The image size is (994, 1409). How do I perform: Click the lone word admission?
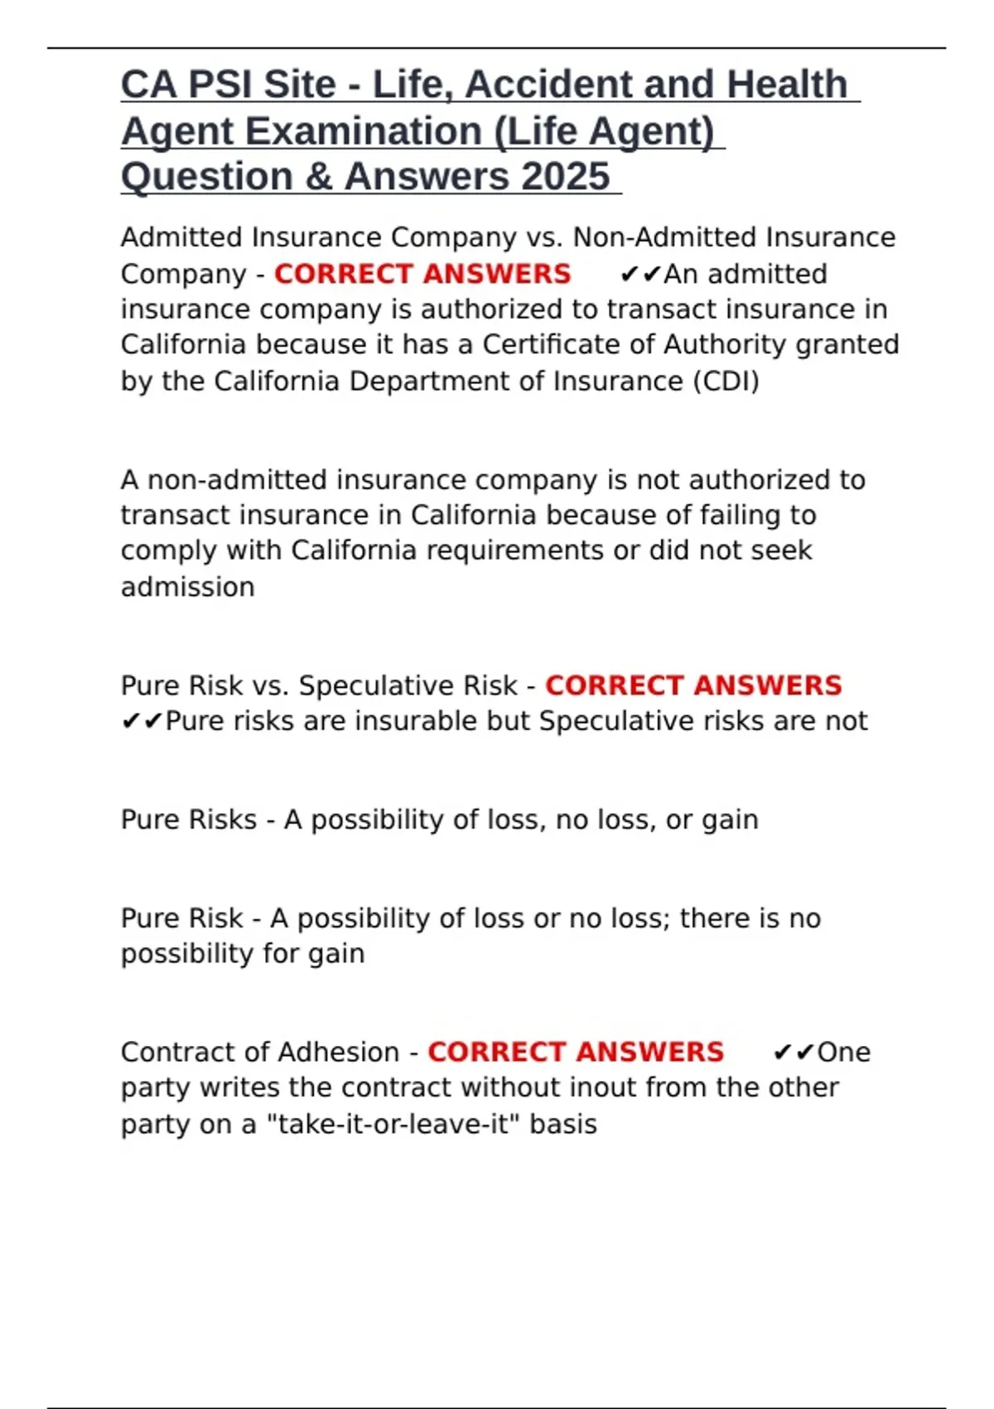click(x=188, y=587)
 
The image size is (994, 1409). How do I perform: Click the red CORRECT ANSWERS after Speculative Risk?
click(x=693, y=685)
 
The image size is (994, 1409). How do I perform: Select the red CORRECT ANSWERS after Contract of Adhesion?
click(x=576, y=1052)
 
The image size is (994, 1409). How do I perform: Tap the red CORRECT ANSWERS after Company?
click(x=422, y=274)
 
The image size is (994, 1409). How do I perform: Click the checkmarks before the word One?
click(x=794, y=1052)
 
